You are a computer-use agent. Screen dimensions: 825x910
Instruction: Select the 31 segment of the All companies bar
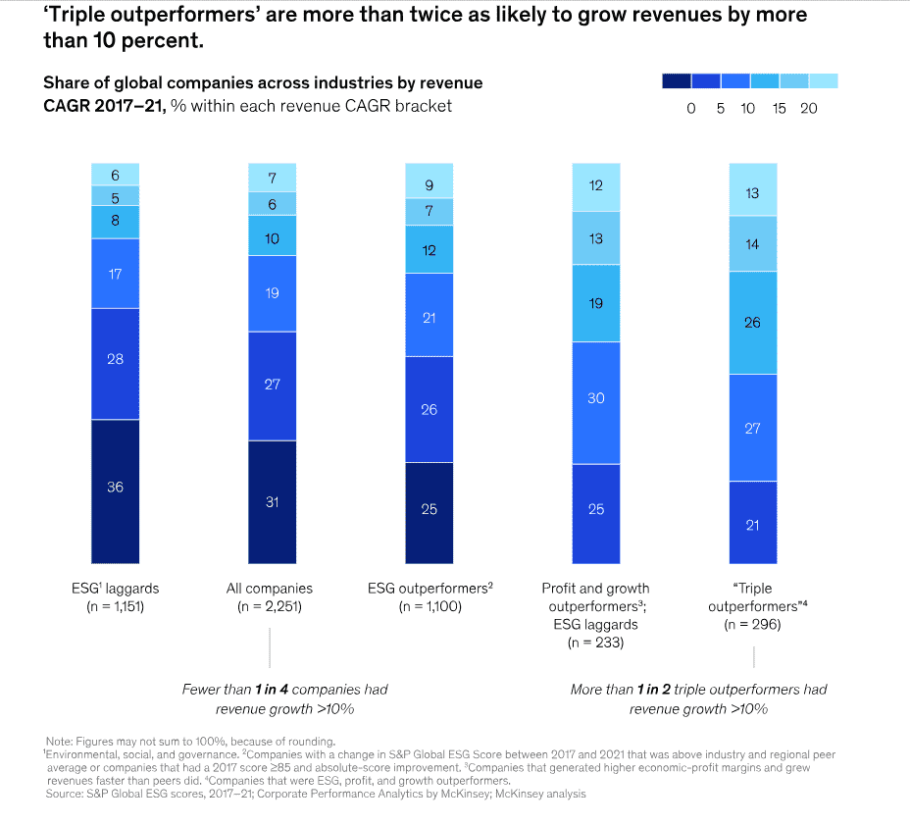tap(272, 502)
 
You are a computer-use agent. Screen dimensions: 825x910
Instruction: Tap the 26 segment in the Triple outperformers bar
tap(753, 323)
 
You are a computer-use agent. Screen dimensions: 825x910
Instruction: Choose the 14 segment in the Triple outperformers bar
tap(753, 243)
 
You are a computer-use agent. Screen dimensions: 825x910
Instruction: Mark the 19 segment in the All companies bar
tap(272, 293)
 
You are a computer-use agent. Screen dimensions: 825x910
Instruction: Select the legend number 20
tap(809, 109)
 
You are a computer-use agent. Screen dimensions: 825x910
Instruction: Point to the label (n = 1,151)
tap(116, 606)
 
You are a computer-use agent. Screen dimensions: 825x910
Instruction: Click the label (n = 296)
tap(752, 624)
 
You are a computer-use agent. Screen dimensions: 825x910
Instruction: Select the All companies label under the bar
tap(271, 589)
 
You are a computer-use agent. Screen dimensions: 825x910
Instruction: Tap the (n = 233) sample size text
tap(595, 643)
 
